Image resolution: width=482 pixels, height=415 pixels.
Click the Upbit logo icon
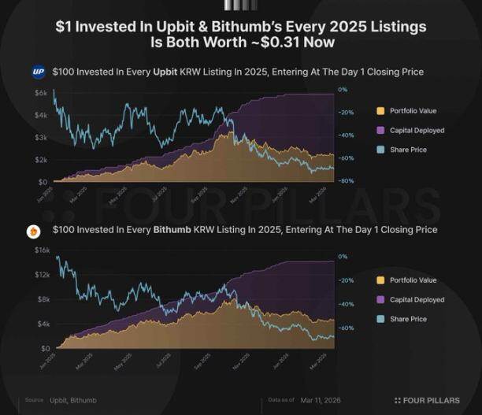(39, 72)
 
